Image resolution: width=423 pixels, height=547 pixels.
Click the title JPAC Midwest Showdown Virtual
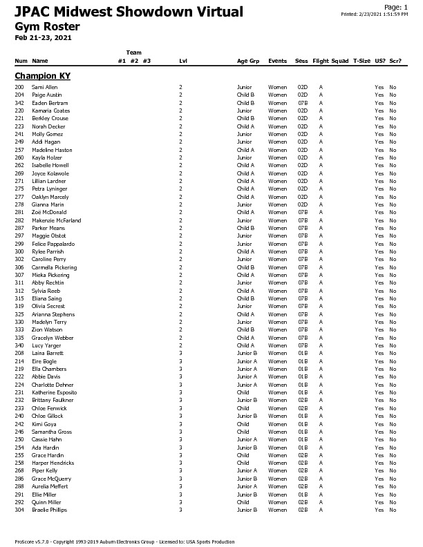129,12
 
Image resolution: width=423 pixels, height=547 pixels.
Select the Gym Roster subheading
47,27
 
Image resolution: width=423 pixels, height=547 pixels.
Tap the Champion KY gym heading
43,75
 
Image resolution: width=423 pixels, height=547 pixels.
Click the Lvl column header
183,61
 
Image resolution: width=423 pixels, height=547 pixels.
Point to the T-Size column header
361,61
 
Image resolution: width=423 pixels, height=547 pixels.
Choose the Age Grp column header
248,61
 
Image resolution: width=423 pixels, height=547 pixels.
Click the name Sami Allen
45,87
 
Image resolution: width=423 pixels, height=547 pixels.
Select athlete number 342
19,103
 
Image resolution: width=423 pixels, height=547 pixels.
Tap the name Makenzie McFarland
57,220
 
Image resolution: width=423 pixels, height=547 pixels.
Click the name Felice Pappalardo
53,244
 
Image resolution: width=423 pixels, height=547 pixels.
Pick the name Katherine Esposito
55,392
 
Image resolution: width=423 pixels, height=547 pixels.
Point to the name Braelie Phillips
50,510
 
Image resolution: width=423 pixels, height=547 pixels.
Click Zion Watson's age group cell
245,329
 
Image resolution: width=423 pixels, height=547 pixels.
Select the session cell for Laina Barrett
302,353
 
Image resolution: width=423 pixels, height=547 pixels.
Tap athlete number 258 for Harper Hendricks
19,463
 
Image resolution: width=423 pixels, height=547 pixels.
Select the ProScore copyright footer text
124,541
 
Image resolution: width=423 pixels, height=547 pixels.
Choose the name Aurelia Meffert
50,486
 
